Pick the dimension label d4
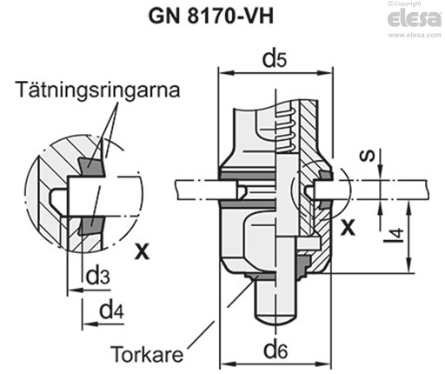[110, 309]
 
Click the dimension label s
[371, 156]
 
